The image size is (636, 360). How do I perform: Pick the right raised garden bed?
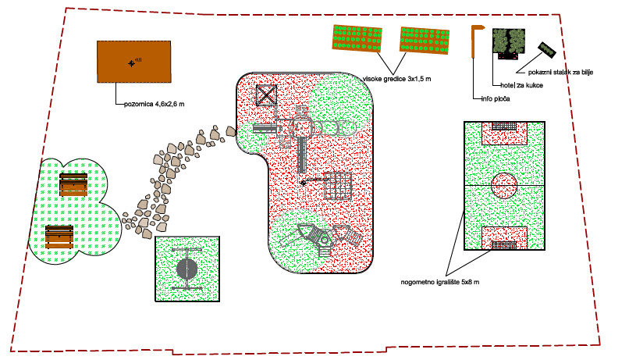[426, 40]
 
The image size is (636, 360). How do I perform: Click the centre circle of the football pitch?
[504, 186]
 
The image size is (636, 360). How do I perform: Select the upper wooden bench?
[73, 185]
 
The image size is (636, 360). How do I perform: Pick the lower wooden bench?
[60, 237]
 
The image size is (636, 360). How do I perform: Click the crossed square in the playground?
[267, 94]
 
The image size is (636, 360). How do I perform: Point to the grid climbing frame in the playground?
[339, 185]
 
